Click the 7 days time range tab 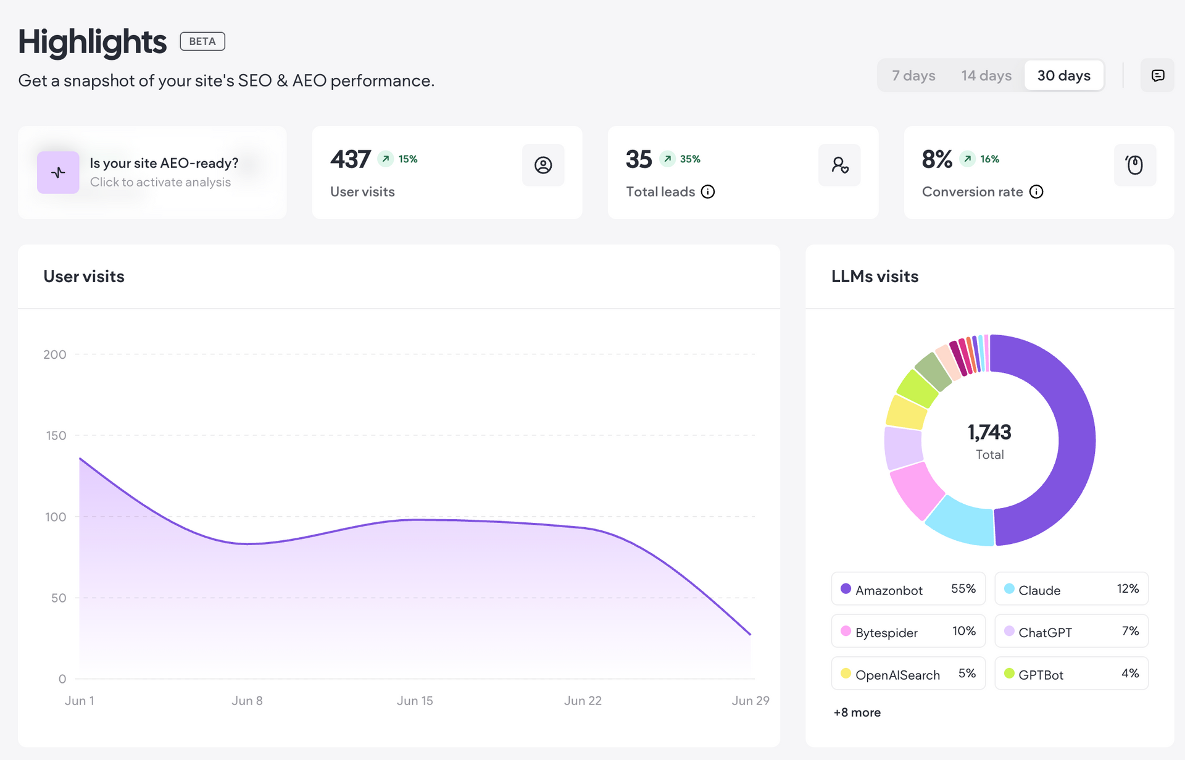pyautogui.click(x=913, y=75)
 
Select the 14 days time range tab pyautogui.click(x=986, y=75)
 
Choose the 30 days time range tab pyautogui.click(x=1064, y=75)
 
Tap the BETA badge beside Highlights pyautogui.click(x=202, y=41)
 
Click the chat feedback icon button pyautogui.click(x=1158, y=75)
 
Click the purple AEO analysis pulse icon pyautogui.click(x=58, y=172)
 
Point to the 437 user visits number pyautogui.click(x=351, y=159)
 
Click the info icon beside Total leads pyautogui.click(x=708, y=192)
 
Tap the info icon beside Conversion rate pyautogui.click(x=1037, y=192)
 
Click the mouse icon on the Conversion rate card pyautogui.click(x=1135, y=165)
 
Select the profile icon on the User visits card pyautogui.click(x=543, y=165)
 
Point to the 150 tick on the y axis pyautogui.click(x=56, y=436)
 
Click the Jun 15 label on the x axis pyautogui.click(x=415, y=701)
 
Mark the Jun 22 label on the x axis pyautogui.click(x=583, y=701)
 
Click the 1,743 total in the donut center pyautogui.click(x=989, y=432)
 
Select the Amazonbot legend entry pyautogui.click(x=908, y=589)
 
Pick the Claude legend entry pyautogui.click(x=1071, y=589)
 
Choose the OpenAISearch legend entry pyautogui.click(x=908, y=674)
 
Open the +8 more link pyautogui.click(x=857, y=712)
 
